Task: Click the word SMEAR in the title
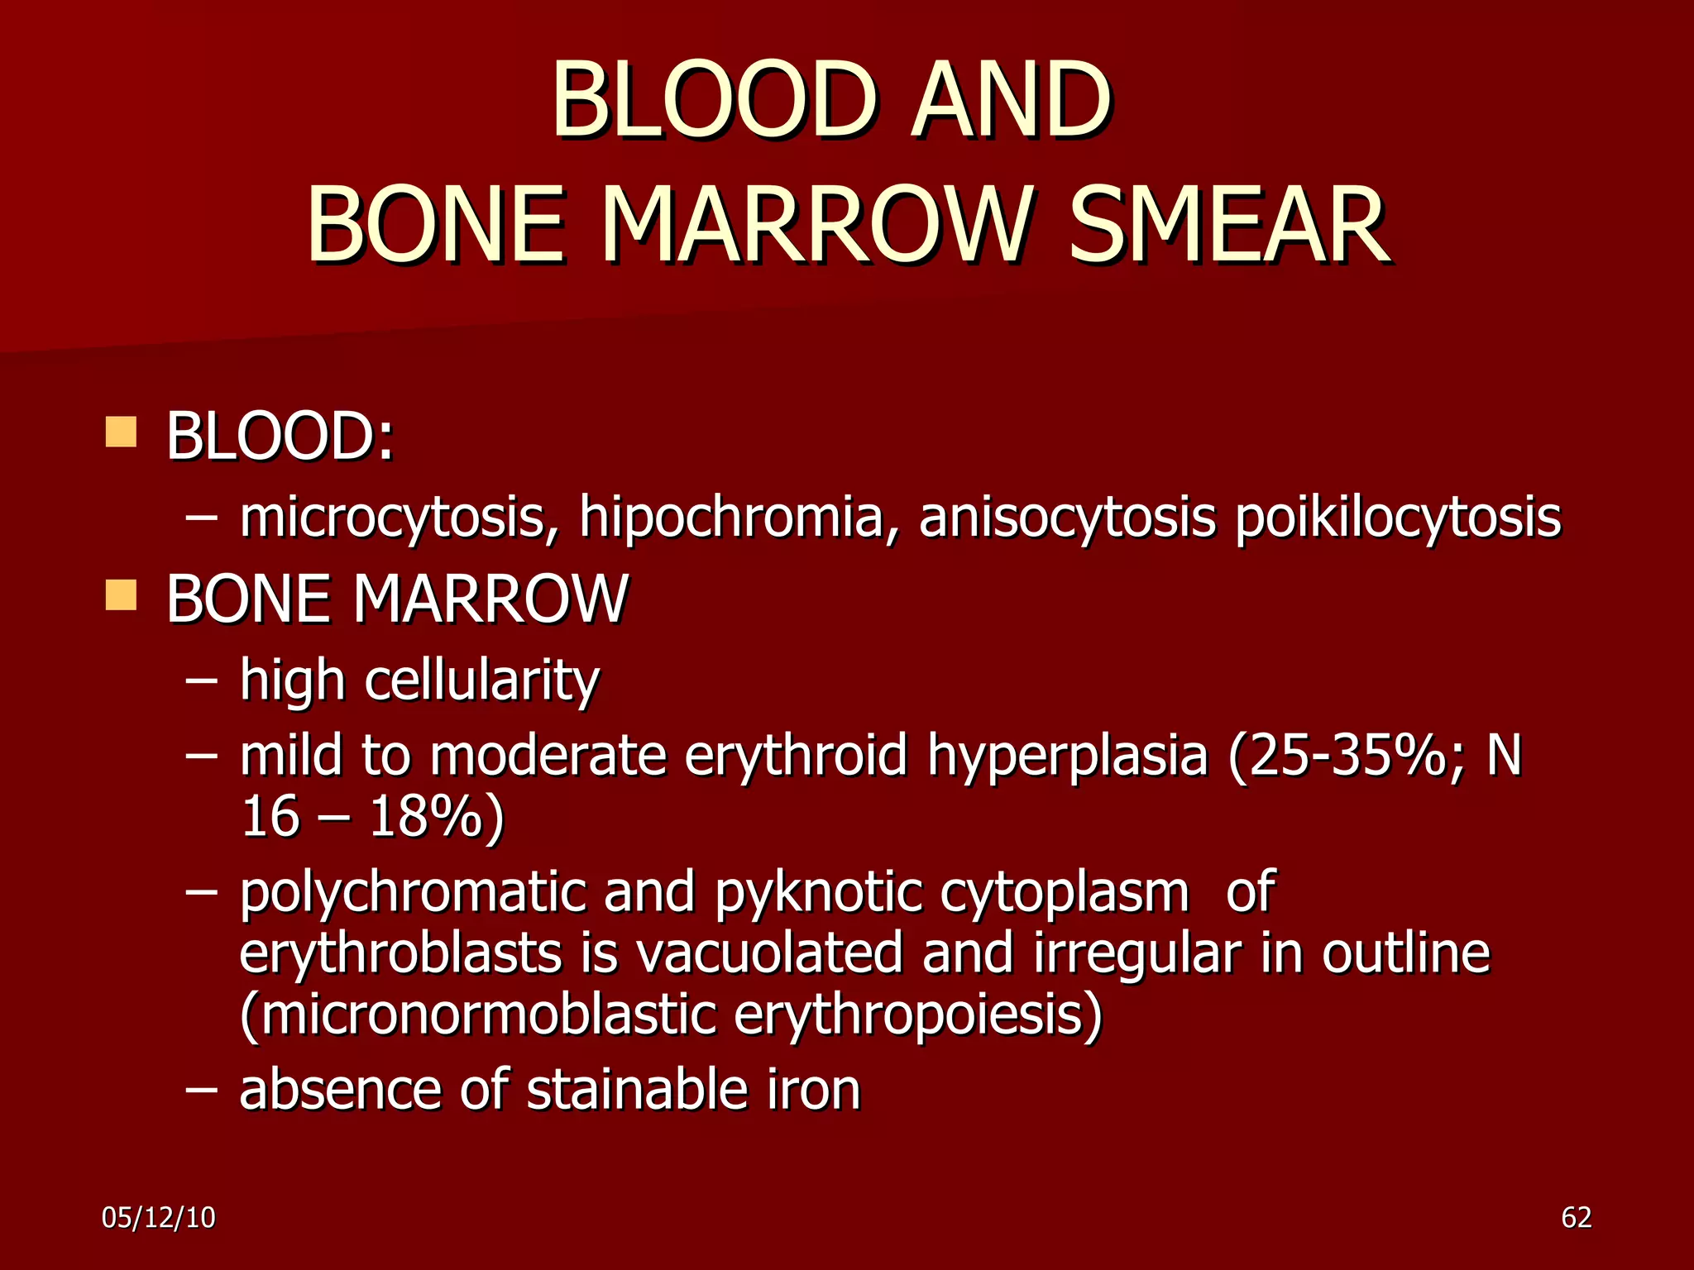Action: (x=1229, y=225)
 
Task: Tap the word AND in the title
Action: (x=1011, y=101)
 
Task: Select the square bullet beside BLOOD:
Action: (x=121, y=432)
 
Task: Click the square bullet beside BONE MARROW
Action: (x=121, y=595)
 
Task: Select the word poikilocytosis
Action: (x=1398, y=518)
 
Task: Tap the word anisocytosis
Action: (x=1067, y=518)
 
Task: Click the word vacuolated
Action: (x=769, y=953)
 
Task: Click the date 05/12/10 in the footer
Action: (x=159, y=1218)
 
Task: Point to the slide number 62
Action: (x=1577, y=1218)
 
